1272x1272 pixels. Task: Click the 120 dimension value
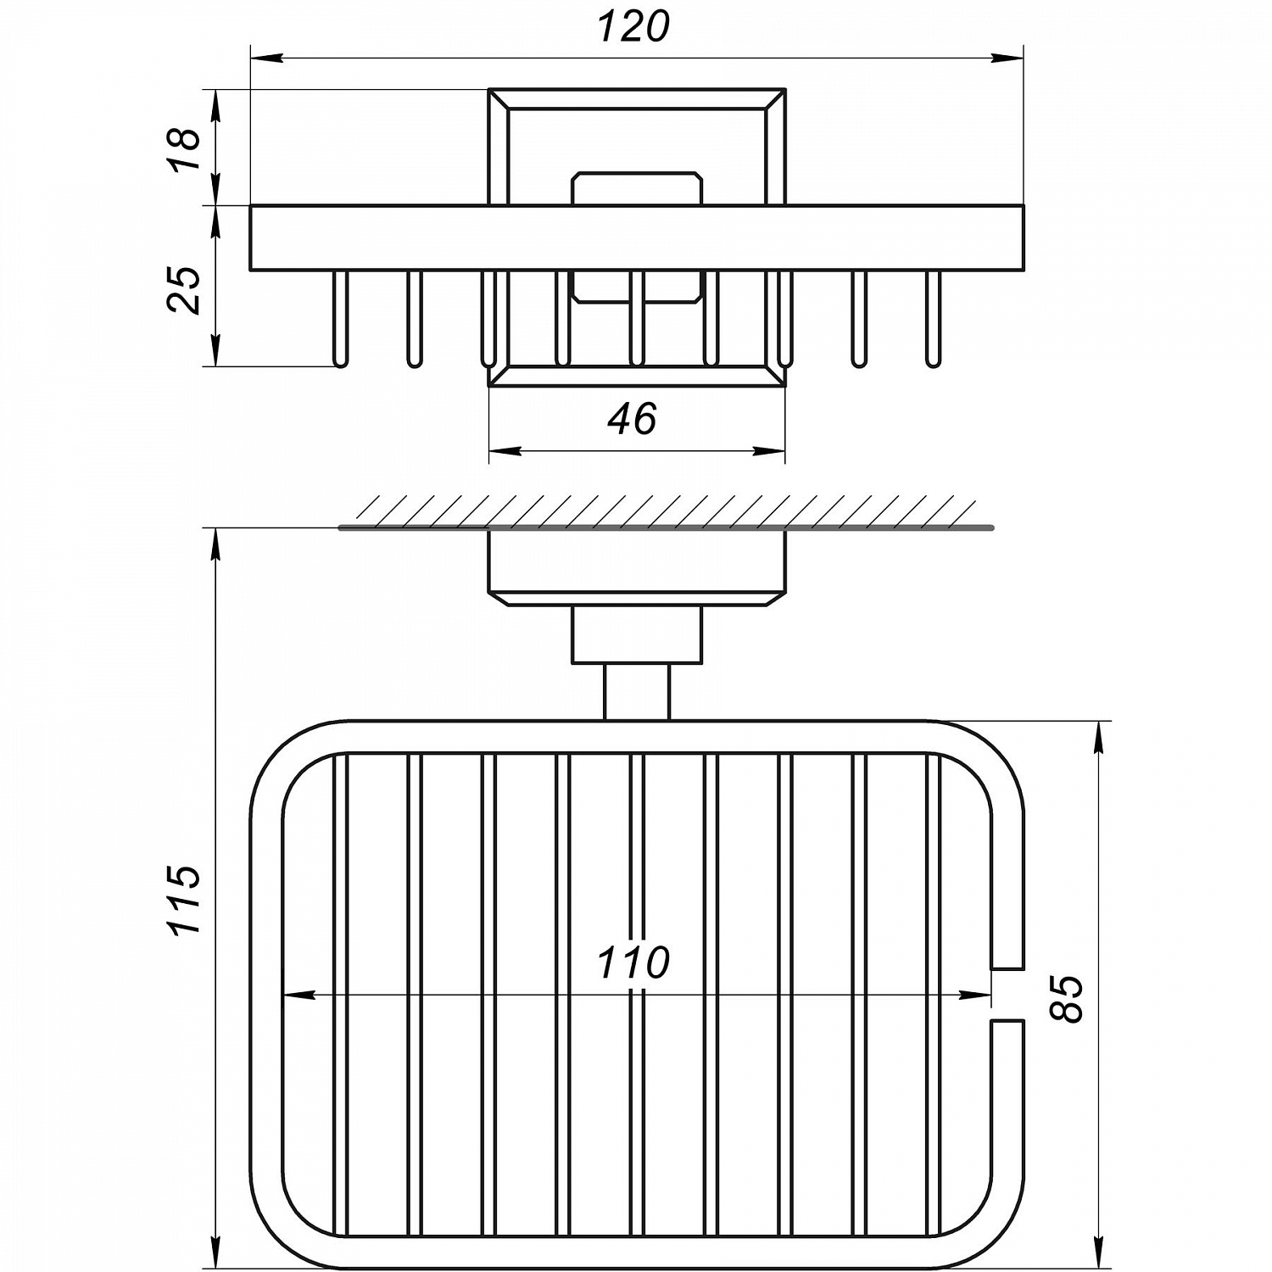coord(633,26)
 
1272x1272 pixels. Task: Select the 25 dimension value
coord(186,290)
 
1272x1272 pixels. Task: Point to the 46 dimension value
coord(633,419)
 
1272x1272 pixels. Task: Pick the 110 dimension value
coord(633,962)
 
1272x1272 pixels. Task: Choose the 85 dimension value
coord(1068,999)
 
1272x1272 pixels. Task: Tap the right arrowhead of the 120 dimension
coord(1008,59)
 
